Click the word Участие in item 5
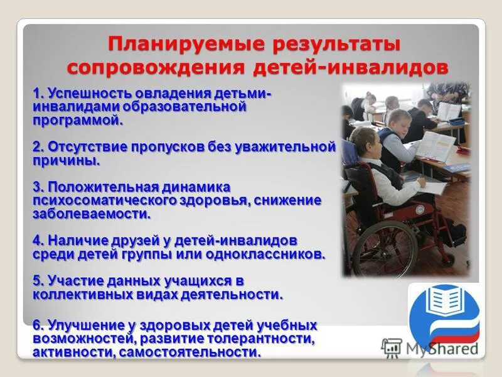70,281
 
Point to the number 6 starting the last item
37,325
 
